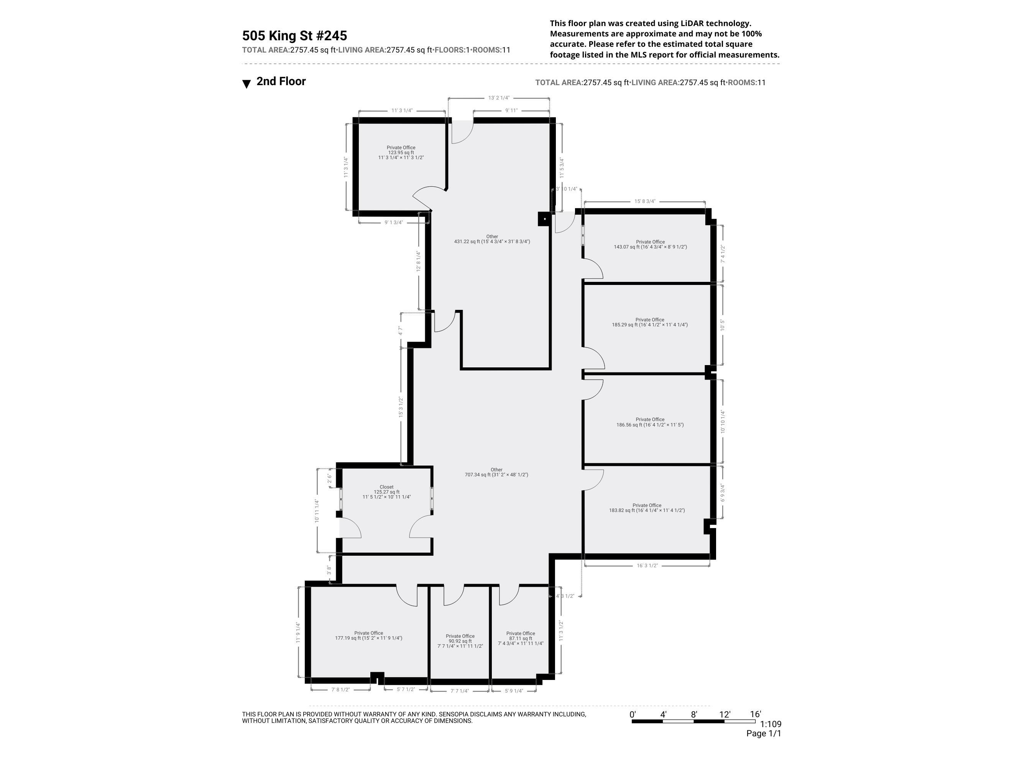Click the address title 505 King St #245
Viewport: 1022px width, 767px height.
(x=294, y=36)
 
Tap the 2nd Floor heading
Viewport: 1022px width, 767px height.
(x=281, y=81)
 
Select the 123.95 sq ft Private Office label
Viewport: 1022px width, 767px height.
(x=401, y=153)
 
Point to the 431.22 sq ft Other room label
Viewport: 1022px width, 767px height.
(x=492, y=239)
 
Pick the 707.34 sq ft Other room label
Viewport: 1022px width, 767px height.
(x=496, y=472)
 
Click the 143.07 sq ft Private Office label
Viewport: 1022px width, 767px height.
(x=650, y=244)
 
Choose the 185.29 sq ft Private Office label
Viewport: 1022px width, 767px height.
(x=650, y=322)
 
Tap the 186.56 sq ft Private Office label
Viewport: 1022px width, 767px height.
(x=650, y=422)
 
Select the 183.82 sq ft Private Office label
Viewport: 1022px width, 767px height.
(x=647, y=508)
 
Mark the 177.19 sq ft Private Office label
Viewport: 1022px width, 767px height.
(x=368, y=636)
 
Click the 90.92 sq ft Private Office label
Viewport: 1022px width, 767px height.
(x=460, y=641)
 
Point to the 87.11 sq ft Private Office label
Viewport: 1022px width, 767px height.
(x=520, y=639)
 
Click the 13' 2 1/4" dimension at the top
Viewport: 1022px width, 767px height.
(x=498, y=98)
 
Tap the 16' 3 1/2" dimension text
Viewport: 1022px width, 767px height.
(x=647, y=565)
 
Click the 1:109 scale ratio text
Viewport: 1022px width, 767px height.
(x=770, y=724)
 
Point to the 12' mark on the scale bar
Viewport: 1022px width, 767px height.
(x=725, y=714)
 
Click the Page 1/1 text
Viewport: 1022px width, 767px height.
(x=763, y=733)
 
